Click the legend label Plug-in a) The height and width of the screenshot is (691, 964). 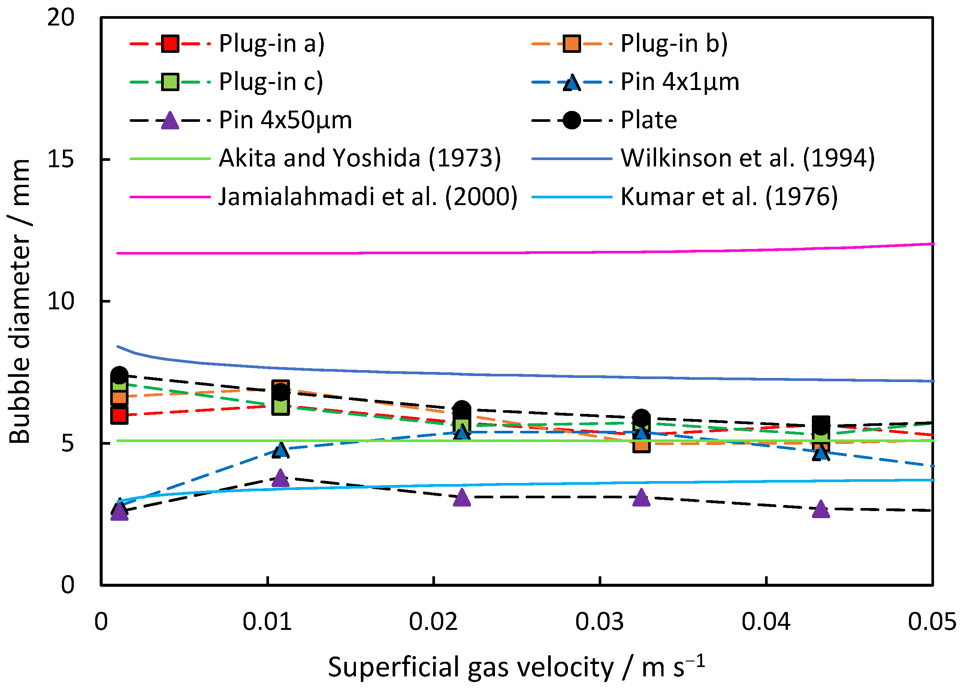pos(271,44)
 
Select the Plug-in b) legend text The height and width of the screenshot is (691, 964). pos(674,44)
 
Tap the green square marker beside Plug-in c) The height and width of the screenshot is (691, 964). pos(170,82)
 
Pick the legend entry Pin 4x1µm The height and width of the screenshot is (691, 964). pos(680,82)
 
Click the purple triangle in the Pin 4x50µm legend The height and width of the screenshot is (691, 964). pos(170,121)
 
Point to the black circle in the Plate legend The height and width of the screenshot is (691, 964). pos(572,120)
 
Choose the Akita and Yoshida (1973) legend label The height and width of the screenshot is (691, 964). pos(360,159)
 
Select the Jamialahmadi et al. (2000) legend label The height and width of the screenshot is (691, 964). pos(368,197)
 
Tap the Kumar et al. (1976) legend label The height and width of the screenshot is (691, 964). pos(729,197)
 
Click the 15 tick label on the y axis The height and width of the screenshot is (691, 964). pos(61,159)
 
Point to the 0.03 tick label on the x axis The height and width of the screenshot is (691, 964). pos(599,622)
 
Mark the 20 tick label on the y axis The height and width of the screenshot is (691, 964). pos(61,18)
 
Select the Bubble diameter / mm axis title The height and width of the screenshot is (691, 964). pos(19,302)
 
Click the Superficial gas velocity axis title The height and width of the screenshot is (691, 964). pos(516,667)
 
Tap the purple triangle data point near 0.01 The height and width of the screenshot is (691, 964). pos(279,478)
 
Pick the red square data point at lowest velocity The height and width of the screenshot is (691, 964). pos(120,415)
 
